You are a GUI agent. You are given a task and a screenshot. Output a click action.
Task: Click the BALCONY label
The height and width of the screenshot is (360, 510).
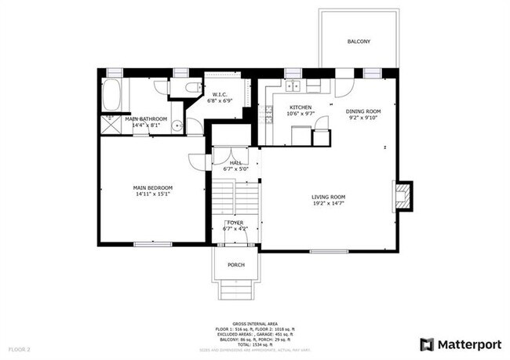[x=359, y=41]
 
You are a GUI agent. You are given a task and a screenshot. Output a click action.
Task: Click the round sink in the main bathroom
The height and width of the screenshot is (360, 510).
[x=178, y=125]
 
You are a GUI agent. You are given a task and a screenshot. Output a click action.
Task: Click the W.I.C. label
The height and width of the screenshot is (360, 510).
[x=220, y=95]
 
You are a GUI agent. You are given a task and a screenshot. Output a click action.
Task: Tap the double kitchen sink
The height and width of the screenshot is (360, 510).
[x=294, y=87]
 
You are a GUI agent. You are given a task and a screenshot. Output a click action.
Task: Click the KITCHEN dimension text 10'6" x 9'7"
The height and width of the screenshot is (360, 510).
[x=301, y=115]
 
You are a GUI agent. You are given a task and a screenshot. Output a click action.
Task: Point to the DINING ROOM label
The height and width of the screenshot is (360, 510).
[x=363, y=111]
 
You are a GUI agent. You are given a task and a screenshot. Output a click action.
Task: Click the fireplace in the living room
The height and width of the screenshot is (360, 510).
[x=403, y=196]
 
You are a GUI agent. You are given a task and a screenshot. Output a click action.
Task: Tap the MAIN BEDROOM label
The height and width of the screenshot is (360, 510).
[x=152, y=187]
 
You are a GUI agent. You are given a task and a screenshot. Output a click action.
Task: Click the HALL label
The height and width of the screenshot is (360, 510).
[x=235, y=162]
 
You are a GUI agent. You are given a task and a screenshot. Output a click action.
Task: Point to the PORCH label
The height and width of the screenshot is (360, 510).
[x=236, y=265]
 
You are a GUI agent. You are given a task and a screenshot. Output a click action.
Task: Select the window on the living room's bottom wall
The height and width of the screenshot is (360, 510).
[x=328, y=251]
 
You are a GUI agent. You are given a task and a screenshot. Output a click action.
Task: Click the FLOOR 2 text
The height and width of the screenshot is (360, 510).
[x=19, y=348]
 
